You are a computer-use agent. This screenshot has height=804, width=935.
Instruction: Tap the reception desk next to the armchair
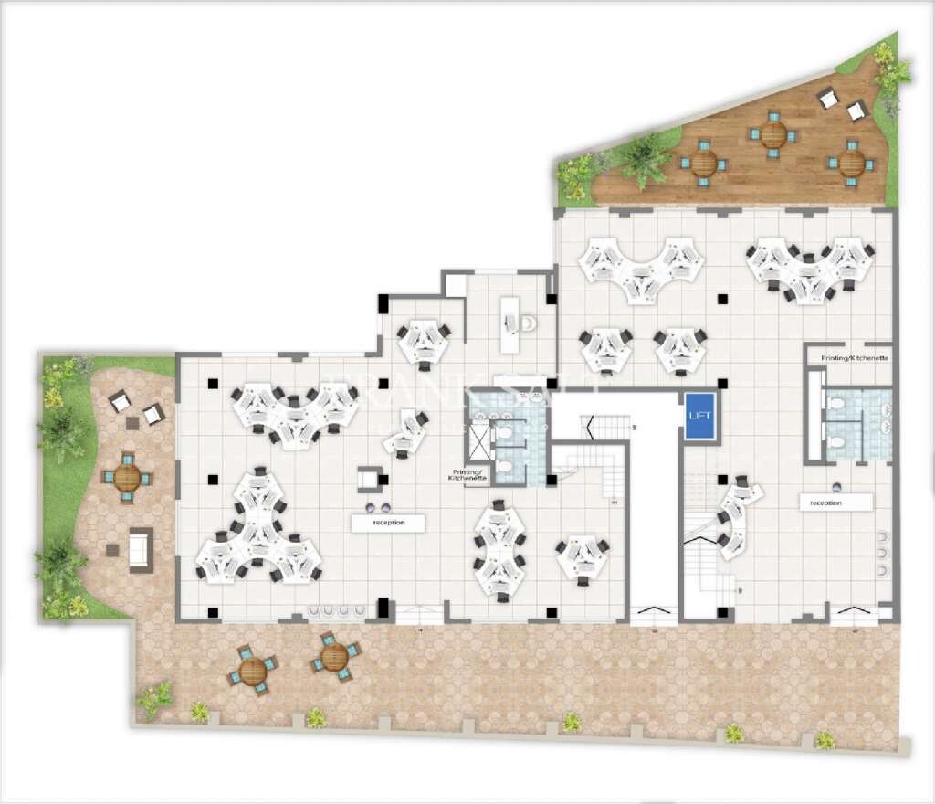(x=388, y=524)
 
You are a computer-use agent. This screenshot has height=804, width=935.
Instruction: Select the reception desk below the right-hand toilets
(x=835, y=503)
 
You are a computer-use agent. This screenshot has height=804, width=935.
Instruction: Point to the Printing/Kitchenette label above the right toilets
(x=855, y=359)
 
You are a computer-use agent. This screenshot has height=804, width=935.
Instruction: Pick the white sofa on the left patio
(x=141, y=549)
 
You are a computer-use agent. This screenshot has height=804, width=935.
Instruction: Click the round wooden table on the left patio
(x=127, y=477)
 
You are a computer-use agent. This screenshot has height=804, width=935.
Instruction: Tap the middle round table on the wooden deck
(x=773, y=135)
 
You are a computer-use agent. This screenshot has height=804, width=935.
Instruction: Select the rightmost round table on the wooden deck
(x=851, y=163)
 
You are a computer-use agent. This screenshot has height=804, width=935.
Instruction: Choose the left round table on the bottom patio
(x=253, y=671)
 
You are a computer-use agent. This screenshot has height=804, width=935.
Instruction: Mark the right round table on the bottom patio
(x=334, y=655)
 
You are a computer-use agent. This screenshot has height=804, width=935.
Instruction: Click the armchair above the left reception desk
(x=370, y=478)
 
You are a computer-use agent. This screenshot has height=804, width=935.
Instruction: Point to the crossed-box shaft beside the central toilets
(x=478, y=442)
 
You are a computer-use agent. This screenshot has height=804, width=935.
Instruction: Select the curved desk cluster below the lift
(x=738, y=516)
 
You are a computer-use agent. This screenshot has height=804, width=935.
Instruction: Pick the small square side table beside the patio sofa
(x=112, y=550)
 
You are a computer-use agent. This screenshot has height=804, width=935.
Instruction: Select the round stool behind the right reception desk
(x=835, y=485)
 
